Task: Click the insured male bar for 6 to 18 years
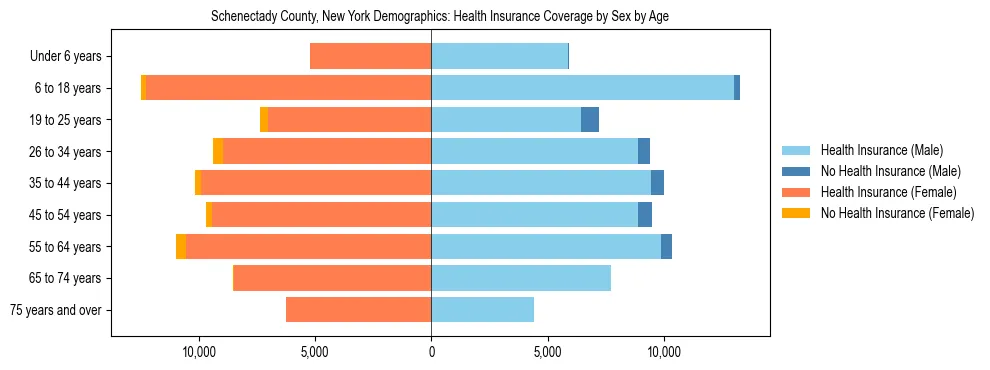tap(582, 88)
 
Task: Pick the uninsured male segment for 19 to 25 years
tap(590, 120)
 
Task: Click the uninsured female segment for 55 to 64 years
tap(181, 247)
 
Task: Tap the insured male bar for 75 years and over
tap(482, 310)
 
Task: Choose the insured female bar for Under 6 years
tap(370, 57)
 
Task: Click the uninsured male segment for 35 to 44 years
tap(657, 183)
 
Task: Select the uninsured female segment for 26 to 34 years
tap(218, 151)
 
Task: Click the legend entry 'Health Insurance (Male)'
tap(881, 150)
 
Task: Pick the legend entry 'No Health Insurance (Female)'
tap(897, 213)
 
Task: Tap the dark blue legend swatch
tap(796, 171)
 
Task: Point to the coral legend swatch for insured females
tap(796, 192)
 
